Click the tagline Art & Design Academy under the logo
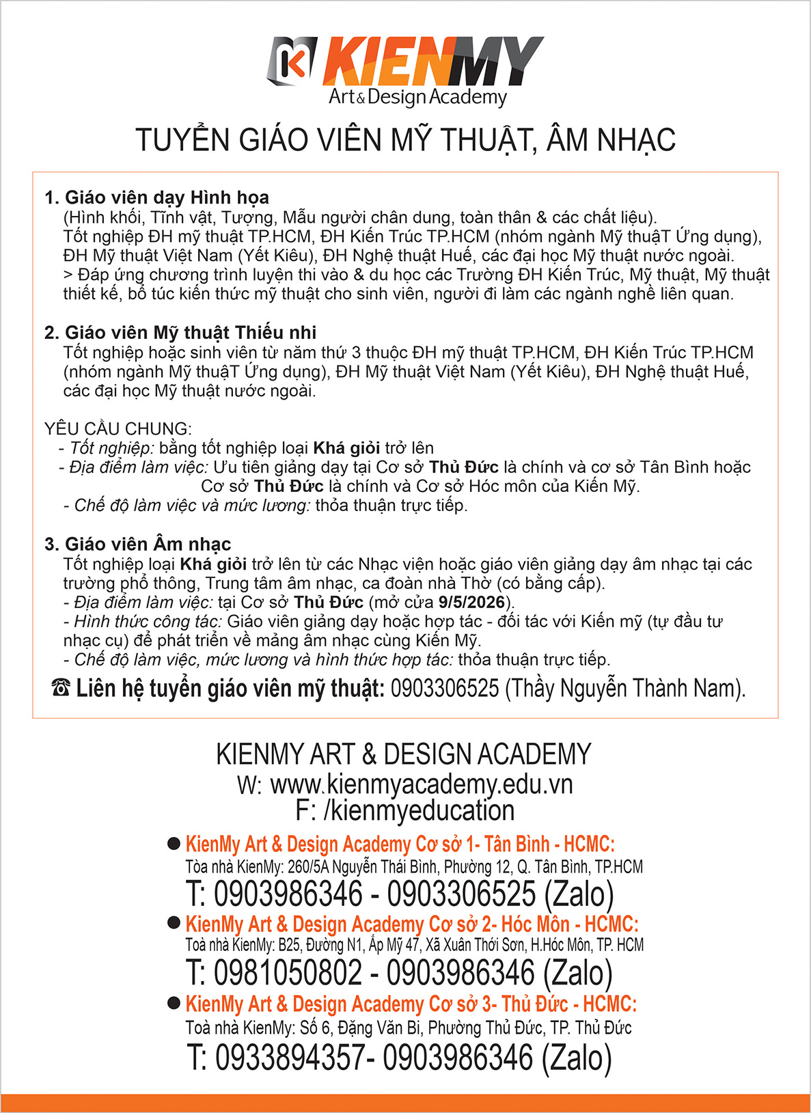[x=417, y=97]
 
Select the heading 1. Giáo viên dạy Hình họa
[x=156, y=197]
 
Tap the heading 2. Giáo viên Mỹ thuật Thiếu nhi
[x=180, y=333]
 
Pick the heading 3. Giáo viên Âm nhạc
[x=137, y=544]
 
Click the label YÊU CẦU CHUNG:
[x=118, y=429]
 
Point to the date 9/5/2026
[x=471, y=603]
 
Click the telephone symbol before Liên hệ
[x=61, y=688]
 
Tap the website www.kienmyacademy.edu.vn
[x=422, y=784]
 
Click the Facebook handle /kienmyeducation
[x=419, y=810]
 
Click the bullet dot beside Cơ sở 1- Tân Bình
[x=174, y=844]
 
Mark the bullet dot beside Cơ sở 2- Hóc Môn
[x=174, y=923]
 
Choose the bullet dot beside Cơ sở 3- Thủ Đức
[x=174, y=1003]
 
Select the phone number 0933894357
[x=290, y=1057]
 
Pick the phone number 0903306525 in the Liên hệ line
[x=445, y=688]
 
